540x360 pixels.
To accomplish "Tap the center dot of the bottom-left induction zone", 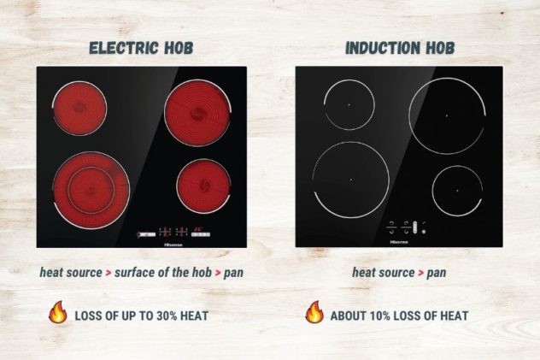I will click(350, 179).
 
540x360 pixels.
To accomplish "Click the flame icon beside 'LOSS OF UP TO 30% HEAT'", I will click(58, 314).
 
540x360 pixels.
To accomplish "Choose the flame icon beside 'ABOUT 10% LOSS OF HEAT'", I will click(314, 314).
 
